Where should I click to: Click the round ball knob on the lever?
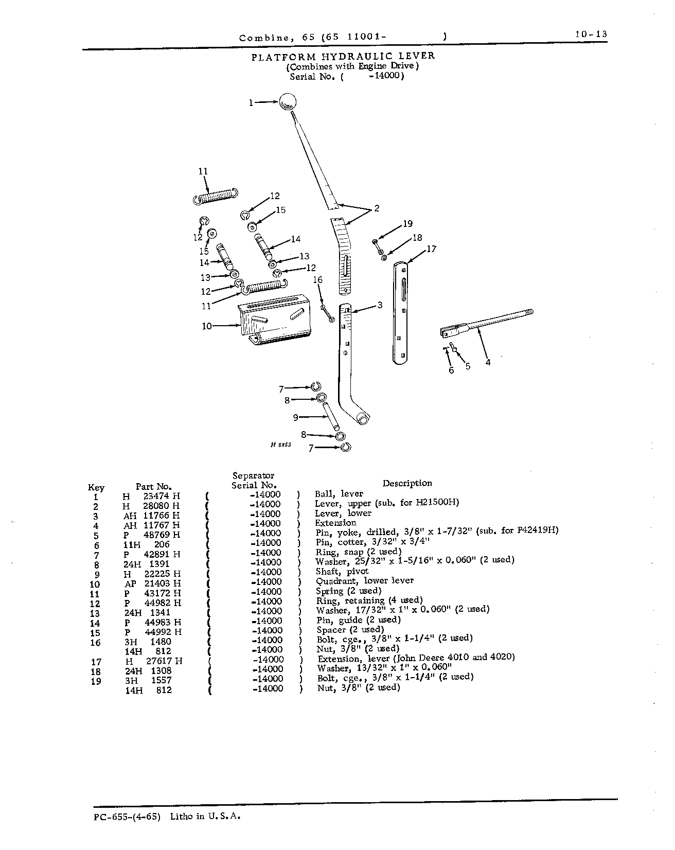[x=288, y=101]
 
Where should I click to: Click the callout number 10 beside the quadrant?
[x=207, y=326]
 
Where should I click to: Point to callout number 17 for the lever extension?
[x=431, y=249]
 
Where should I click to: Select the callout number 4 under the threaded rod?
[x=488, y=362]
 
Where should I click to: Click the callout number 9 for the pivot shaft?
[x=296, y=417]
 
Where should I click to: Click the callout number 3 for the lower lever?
[x=380, y=305]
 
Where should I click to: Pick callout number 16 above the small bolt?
[x=318, y=280]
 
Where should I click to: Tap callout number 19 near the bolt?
[x=407, y=224]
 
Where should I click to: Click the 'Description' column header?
[x=407, y=483]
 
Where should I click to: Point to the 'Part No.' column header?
[x=153, y=486]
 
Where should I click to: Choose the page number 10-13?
[x=591, y=34]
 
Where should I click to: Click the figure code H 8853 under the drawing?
[x=281, y=445]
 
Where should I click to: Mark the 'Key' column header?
[x=96, y=488]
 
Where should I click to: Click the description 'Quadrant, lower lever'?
[x=364, y=581]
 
